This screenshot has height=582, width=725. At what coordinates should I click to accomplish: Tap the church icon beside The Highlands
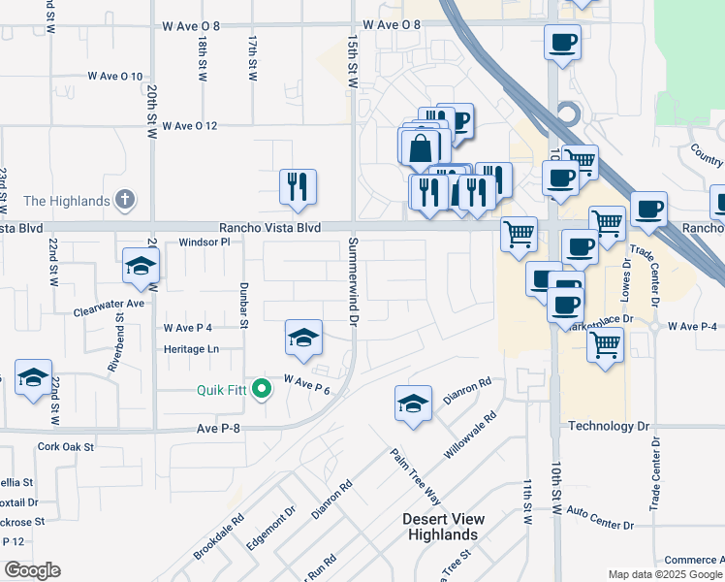124,201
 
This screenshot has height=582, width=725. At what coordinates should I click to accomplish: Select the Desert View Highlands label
443,527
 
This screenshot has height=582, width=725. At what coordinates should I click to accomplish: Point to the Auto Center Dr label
600,517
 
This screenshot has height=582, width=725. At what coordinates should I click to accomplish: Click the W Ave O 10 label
115,76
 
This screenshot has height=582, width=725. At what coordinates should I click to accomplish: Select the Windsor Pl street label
204,242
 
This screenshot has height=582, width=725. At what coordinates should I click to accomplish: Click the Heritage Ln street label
192,348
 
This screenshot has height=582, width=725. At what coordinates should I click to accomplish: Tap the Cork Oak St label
66,447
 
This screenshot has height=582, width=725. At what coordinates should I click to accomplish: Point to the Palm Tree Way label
416,475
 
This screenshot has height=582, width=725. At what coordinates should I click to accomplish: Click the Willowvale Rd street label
470,435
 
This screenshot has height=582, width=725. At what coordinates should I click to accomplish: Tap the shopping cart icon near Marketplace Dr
606,344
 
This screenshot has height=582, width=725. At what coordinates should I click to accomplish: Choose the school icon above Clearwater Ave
141,268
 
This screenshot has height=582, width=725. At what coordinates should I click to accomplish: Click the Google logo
32,570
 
